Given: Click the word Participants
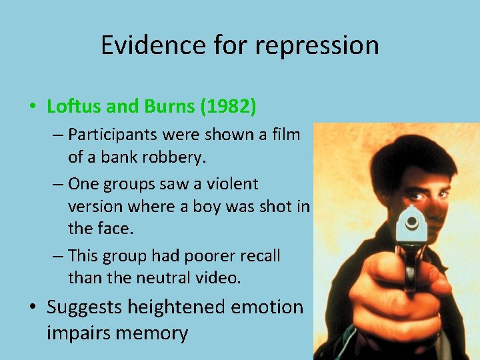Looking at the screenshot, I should tap(117, 135).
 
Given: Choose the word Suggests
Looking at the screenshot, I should tap(84, 307).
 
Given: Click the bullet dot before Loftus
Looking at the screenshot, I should tap(31, 107).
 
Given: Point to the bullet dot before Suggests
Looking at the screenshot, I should tap(31, 308).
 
